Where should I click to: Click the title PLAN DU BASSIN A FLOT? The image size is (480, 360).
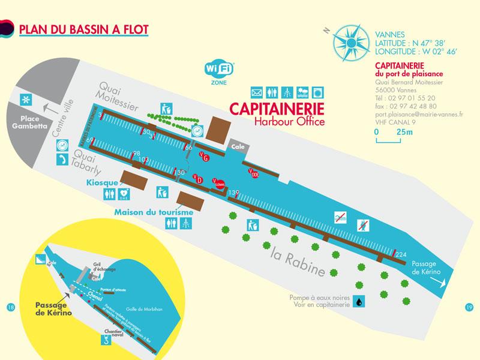coord(84,29)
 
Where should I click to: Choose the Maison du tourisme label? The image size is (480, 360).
coord(154,212)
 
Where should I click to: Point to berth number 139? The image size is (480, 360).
coord(235,192)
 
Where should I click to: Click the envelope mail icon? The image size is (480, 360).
coord(257,93)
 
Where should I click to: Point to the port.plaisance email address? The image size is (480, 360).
coord(411,113)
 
